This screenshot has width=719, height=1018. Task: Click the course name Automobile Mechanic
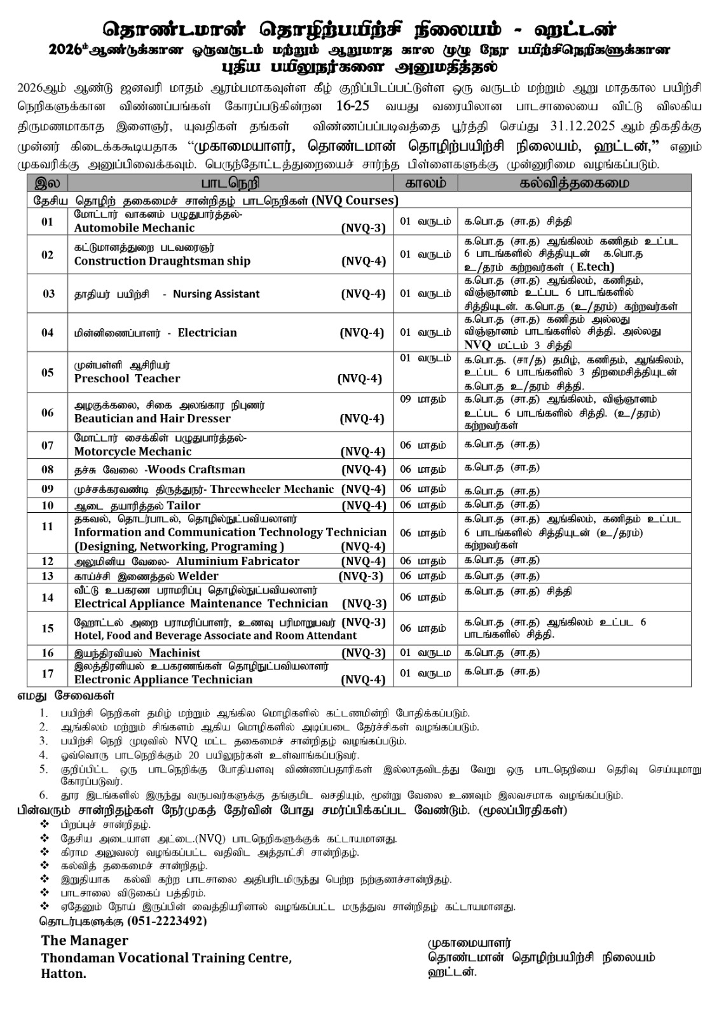pos(134,228)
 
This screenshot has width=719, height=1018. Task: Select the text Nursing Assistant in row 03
pos(216,294)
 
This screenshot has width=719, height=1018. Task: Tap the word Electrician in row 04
pos(207,333)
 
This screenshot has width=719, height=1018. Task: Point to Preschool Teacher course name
pos(127,379)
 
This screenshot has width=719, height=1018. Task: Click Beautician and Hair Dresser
pos(152,419)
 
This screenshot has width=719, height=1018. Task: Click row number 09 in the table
pos(47,489)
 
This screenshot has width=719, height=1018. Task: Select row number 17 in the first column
pos(47,673)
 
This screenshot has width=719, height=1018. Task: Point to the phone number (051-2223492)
pos(167,921)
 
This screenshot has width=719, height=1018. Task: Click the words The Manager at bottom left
pos(85,941)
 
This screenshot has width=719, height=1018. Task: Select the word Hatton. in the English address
pos(64,974)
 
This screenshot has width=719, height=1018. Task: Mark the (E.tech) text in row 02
pos(592,267)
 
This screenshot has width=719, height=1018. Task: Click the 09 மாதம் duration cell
pos(423,400)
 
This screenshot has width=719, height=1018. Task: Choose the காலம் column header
pos(425,183)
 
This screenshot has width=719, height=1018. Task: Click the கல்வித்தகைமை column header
pos(574,183)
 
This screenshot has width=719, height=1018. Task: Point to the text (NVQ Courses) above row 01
pos(355,200)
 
